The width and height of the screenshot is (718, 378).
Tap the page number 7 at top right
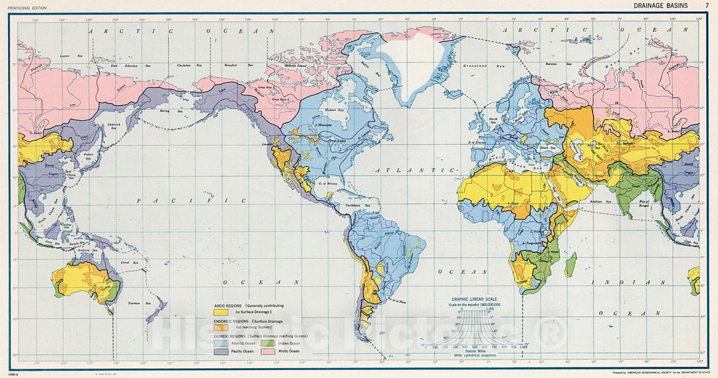(707, 5)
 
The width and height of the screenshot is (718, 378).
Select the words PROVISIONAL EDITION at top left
(29, 6)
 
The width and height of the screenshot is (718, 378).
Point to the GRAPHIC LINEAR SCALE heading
(475, 300)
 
